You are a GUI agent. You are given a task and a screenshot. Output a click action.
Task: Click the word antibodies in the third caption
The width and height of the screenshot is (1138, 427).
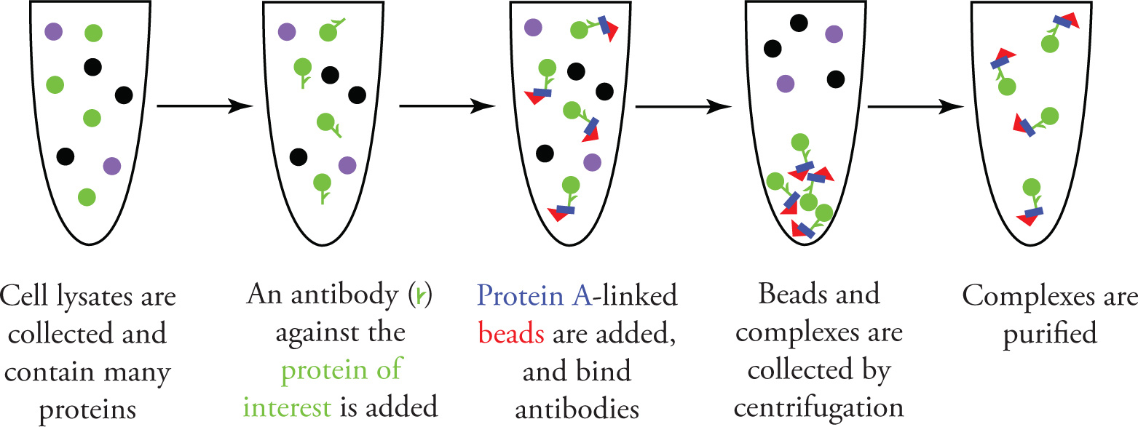click(577, 410)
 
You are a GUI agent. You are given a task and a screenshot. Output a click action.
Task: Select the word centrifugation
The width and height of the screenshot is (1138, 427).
click(818, 410)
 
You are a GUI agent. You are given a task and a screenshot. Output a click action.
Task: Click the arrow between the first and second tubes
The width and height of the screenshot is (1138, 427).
click(205, 106)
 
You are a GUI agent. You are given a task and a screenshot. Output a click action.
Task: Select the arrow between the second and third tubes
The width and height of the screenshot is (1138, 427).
click(447, 106)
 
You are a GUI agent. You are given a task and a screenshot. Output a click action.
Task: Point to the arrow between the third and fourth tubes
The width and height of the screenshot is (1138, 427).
click(684, 106)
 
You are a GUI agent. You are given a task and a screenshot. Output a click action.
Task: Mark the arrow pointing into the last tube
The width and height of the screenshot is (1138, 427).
click(917, 106)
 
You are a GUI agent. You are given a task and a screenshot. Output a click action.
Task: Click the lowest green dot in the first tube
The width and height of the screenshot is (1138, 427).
click(87, 196)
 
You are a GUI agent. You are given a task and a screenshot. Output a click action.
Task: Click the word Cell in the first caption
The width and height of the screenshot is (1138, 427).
click(31, 298)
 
